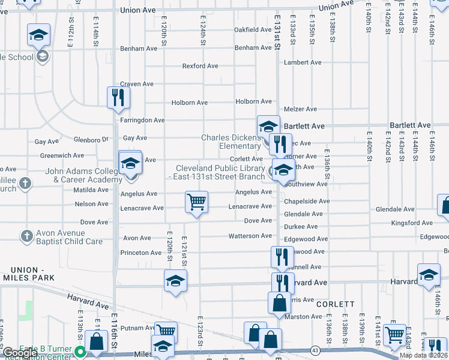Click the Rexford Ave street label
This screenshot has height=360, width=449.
[200, 66]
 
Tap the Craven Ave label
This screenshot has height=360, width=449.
[137, 84]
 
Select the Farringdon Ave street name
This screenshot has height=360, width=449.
[142, 121]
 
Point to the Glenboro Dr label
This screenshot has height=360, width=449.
[90, 140]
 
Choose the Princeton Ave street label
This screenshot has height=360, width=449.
[141, 253]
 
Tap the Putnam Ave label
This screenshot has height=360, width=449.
[137, 328]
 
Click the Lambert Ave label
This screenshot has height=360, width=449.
[304, 62]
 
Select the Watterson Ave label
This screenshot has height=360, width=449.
[250, 236]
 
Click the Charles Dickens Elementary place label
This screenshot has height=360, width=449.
[231, 142]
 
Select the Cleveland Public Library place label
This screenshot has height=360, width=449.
[220, 172]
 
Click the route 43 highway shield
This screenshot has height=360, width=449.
[315, 350]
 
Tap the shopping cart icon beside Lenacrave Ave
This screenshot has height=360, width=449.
[196, 202]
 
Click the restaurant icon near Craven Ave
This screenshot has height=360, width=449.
[118, 97]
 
